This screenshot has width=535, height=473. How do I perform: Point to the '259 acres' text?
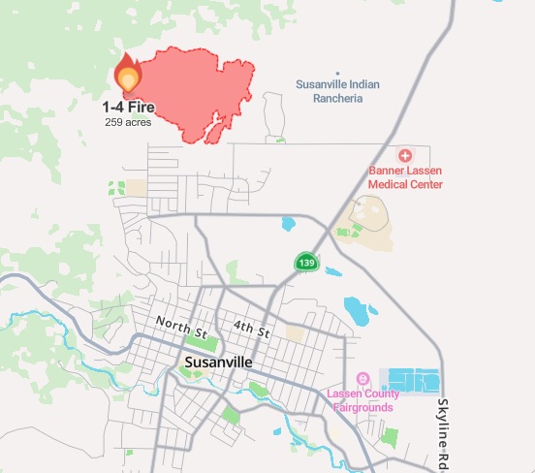130,121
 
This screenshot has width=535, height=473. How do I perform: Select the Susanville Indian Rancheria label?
337,91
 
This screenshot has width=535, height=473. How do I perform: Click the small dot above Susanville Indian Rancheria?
337,74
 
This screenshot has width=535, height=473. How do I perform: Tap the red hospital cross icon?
405,155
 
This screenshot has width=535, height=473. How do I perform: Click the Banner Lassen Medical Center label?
405,177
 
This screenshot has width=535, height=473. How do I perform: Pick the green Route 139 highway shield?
306,263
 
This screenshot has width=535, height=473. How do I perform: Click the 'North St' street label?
182,328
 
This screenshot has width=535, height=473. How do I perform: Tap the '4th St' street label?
250,330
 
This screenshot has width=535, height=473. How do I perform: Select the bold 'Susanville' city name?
218,363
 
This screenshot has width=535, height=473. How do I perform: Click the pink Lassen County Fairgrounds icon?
363,378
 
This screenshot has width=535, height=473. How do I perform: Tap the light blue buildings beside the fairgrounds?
415,380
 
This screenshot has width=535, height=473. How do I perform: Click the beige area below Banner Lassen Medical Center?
366,218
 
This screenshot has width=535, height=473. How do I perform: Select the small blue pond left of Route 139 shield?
287,224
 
